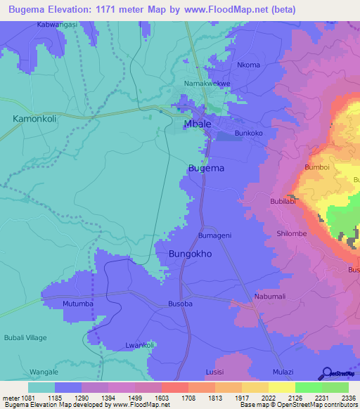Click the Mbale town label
[x=199, y=124]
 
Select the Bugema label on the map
[x=207, y=169]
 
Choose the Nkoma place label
[x=248, y=65]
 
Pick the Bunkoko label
[x=249, y=133]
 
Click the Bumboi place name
[x=317, y=167]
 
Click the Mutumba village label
[x=78, y=304]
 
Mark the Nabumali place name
[x=271, y=297]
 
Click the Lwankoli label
[x=139, y=345]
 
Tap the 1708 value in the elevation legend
[x=173, y=398]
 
